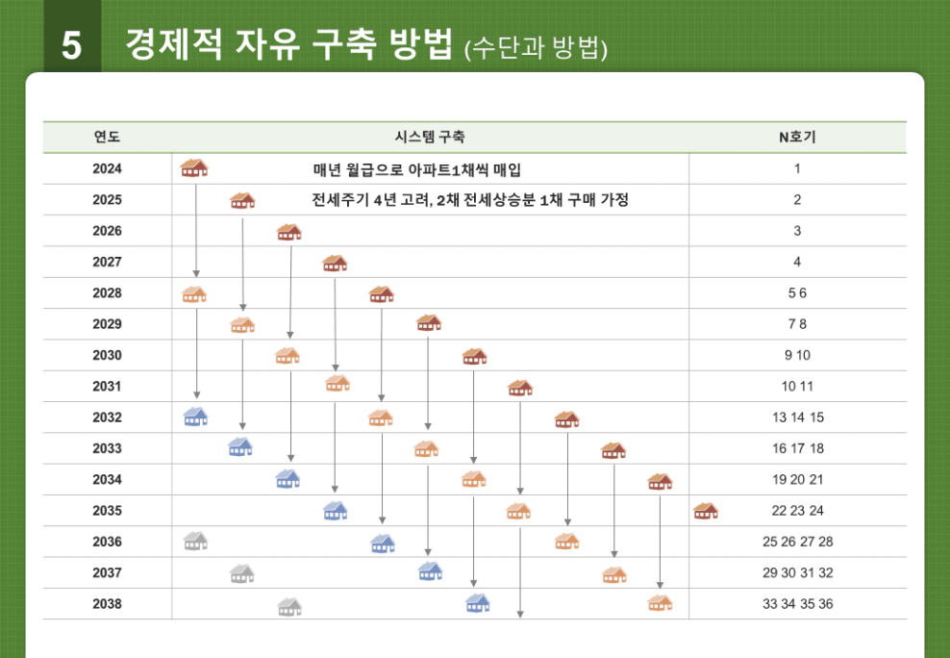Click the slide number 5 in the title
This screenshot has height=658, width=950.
click(71, 45)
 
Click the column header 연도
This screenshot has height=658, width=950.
click(107, 138)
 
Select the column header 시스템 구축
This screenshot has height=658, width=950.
click(430, 138)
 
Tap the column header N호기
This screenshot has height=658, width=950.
click(797, 138)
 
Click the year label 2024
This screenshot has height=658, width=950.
click(107, 169)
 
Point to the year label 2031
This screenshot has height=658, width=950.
click(107, 387)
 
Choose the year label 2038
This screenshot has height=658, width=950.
click(107, 604)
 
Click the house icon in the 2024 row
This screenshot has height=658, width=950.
click(194, 168)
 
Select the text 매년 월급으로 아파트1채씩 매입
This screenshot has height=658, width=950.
click(417, 169)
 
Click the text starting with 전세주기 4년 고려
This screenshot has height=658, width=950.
click(470, 200)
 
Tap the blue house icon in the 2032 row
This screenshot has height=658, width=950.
click(195, 417)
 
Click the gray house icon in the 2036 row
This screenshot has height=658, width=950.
click(195, 541)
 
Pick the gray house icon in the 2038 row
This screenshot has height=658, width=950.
click(289, 606)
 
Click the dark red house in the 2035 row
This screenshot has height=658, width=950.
click(706, 510)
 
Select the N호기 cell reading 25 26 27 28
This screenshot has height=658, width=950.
click(797, 542)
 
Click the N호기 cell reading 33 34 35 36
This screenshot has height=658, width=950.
click(797, 604)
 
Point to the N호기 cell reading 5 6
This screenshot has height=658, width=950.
click(797, 293)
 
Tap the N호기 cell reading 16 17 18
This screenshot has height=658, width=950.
click(797, 448)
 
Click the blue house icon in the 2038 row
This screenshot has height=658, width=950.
click(477, 603)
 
